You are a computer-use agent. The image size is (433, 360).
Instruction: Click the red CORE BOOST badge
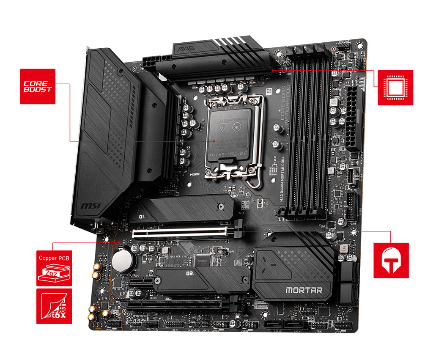[x=38, y=87]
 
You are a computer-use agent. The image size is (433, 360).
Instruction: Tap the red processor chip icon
[x=395, y=88]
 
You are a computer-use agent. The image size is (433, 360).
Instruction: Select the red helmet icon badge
[x=391, y=260]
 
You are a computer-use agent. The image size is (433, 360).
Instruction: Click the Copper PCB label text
[x=54, y=258]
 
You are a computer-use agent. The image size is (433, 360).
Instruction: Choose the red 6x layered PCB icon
[x=54, y=306]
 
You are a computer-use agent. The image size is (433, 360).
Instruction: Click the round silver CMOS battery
[x=123, y=259]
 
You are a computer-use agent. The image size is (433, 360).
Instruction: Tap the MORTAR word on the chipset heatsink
[x=304, y=291]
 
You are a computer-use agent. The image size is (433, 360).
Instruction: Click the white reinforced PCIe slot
[x=180, y=232]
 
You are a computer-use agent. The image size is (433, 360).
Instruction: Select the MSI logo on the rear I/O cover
[x=90, y=207]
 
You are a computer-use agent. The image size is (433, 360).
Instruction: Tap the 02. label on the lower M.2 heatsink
[x=190, y=274]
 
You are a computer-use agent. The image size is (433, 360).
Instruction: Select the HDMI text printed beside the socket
[x=195, y=174]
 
